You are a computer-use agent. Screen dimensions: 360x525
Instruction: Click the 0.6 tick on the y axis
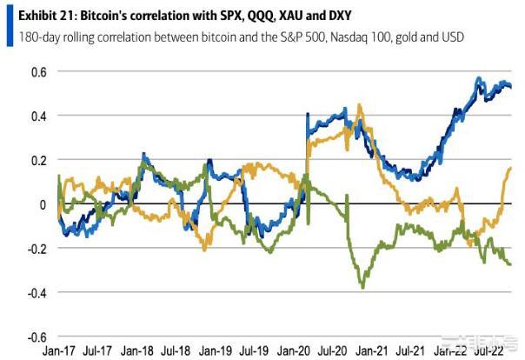[x=38, y=71]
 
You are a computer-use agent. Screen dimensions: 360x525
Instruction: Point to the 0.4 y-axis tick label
[x=38, y=116]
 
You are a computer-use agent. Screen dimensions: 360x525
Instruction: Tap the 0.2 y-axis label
[x=38, y=160]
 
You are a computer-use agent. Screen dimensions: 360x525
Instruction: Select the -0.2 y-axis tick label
[x=37, y=249]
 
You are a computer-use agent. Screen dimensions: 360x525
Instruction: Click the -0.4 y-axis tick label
[x=37, y=293]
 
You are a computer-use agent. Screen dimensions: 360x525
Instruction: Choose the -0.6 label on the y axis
[x=37, y=337]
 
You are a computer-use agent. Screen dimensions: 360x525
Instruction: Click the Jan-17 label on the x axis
[x=60, y=352]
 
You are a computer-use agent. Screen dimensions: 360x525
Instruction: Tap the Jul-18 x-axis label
[x=177, y=352]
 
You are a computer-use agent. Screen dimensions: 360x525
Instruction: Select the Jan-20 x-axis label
[x=296, y=352]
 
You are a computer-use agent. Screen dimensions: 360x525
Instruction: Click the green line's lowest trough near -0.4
[x=362, y=286]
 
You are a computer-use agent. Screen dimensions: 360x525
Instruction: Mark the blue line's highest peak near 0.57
[x=478, y=78]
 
